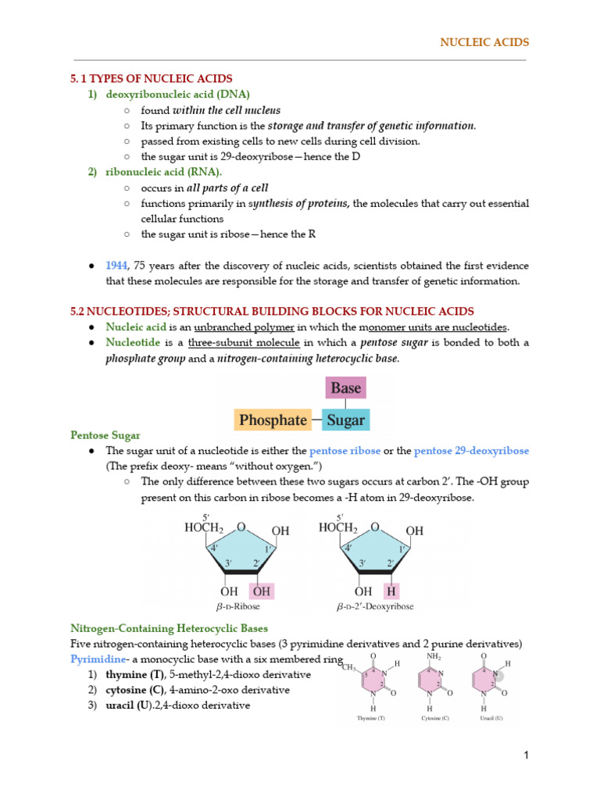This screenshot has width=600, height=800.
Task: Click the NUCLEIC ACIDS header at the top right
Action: [x=485, y=41]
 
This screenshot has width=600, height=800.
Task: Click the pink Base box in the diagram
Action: [x=345, y=388]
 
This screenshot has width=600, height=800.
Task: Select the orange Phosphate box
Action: [x=273, y=420]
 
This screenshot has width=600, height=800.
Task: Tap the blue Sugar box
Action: [x=345, y=420]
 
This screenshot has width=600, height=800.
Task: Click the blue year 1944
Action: [x=117, y=266]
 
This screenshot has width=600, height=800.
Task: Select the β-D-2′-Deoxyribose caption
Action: [x=375, y=606]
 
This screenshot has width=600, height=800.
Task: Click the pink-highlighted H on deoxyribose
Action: [x=391, y=591]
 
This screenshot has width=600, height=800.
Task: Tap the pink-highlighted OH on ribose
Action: [x=261, y=591]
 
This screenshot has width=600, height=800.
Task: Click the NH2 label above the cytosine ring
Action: [x=434, y=657]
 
